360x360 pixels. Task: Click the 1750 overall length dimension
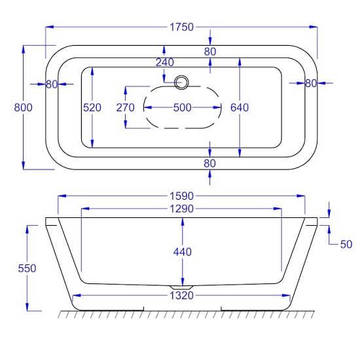(181, 27)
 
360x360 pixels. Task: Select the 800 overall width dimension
(23, 107)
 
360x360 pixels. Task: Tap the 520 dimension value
(92, 107)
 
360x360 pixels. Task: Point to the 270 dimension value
(126, 107)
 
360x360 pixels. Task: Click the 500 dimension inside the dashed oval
(183, 107)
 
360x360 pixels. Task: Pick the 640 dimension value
(240, 107)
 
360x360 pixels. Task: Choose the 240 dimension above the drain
(165, 62)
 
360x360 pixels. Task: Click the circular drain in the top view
(181, 82)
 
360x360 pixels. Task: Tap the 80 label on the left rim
(52, 84)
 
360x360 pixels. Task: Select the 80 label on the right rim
(311, 83)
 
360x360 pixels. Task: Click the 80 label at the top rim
(210, 52)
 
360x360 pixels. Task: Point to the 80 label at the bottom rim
(210, 164)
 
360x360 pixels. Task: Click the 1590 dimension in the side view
(181, 196)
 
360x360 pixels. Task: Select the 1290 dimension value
(181, 209)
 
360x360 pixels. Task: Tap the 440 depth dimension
(183, 252)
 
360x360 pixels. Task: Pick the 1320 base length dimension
(181, 295)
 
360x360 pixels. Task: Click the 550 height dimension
(27, 268)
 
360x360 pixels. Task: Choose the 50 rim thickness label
(346, 244)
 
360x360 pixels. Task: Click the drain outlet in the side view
(181, 287)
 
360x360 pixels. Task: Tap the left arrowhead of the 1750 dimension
(50, 27)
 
